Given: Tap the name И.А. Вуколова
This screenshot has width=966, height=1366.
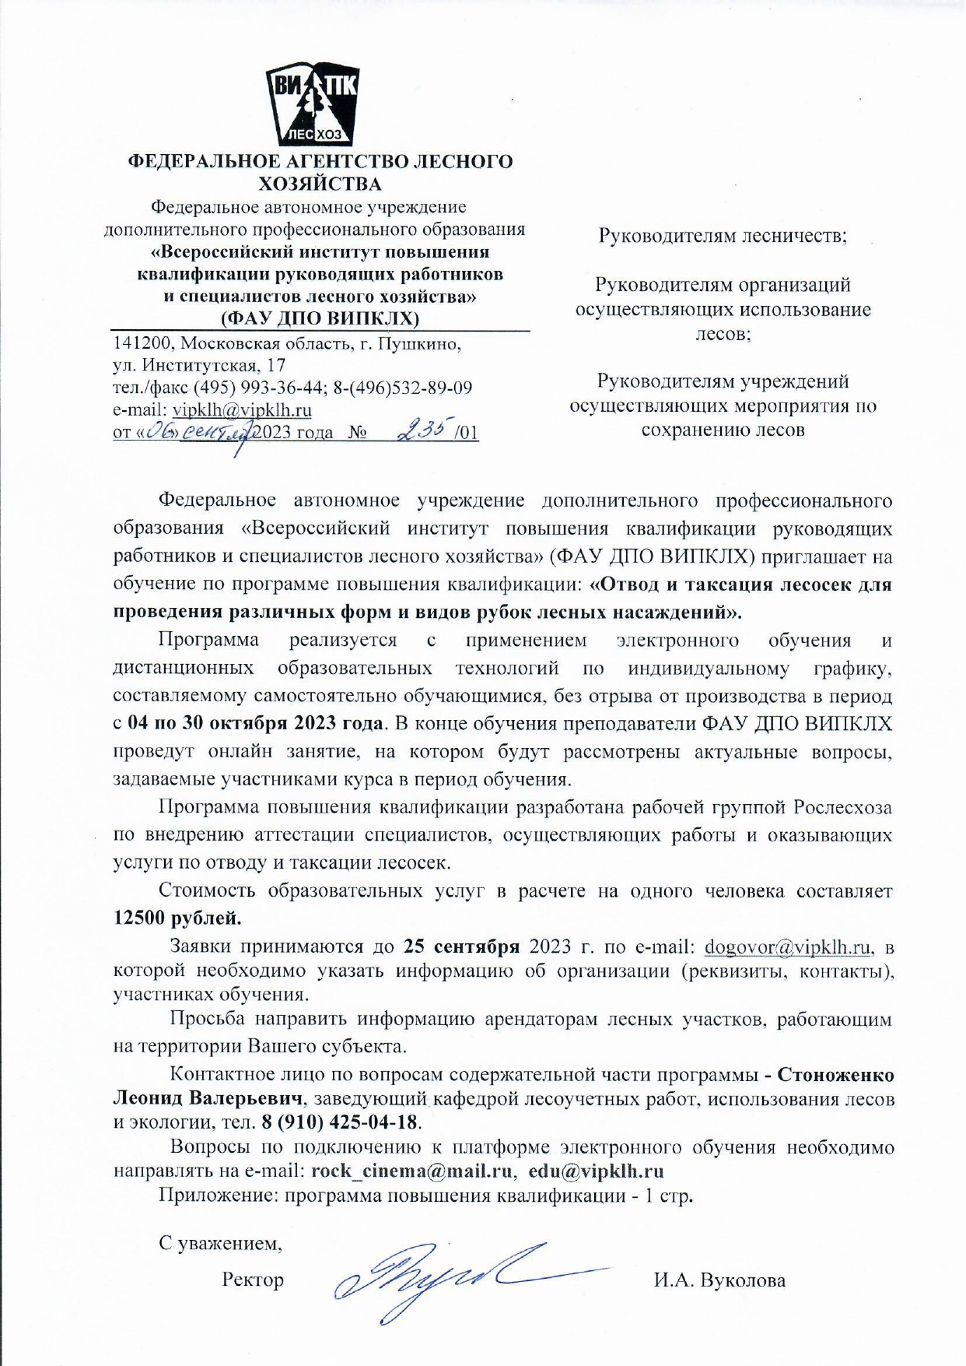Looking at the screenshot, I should [719, 1280].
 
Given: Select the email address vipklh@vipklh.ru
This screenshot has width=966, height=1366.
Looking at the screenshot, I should [242, 410].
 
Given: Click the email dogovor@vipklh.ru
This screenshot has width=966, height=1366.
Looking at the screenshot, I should [786, 947].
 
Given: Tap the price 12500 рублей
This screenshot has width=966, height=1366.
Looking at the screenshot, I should [177, 918].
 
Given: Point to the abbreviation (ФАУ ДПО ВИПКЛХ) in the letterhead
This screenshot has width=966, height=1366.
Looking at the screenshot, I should [320, 318].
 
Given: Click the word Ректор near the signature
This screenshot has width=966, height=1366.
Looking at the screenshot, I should [253, 1280].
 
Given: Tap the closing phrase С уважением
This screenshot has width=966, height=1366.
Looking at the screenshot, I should [220, 1243].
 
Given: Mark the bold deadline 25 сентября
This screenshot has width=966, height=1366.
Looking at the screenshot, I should [462, 947].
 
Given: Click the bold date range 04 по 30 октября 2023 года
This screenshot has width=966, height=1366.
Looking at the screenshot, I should [255, 723].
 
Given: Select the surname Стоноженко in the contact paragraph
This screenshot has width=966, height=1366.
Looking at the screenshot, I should [836, 1075].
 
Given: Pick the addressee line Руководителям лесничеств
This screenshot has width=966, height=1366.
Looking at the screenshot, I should [722, 235].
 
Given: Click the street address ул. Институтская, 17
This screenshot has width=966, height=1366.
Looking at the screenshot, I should [200, 365].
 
